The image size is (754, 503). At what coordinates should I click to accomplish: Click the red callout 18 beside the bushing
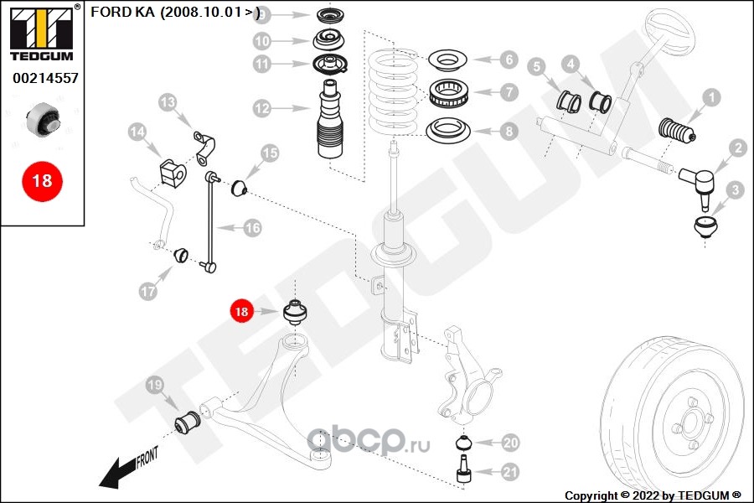[x=241, y=311]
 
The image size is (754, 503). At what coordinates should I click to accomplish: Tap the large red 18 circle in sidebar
[x=42, y=180]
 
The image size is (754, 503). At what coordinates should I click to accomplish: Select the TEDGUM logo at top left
[x=41, y=34]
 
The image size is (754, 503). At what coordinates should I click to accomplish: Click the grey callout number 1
[x=710, y=99]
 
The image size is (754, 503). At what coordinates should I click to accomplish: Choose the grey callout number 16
[x=252, y=227]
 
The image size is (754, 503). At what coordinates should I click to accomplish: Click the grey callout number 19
[x=155, y=385]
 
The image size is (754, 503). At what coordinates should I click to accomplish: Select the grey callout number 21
[x=510, y=472]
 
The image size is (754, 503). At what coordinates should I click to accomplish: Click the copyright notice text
[x=653, y=495]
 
